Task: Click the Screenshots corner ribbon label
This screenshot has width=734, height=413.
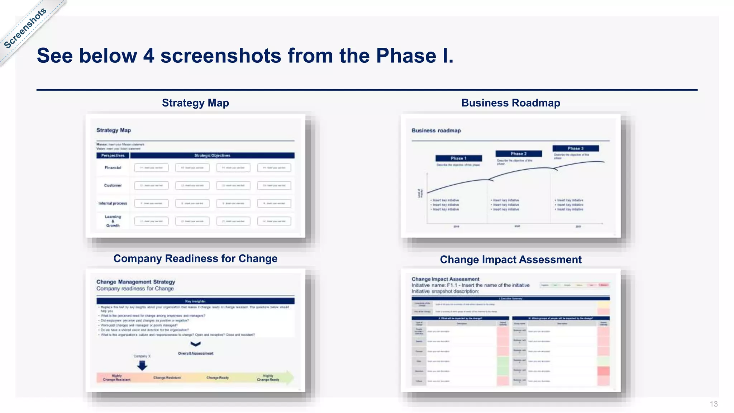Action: [x=25, y=28]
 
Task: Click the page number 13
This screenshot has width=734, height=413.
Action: [x=713, y=404]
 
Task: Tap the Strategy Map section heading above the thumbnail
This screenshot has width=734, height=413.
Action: [x=195, y=103]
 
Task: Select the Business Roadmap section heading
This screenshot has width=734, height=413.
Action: [x=510, y=103]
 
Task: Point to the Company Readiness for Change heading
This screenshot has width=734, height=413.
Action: [x=195, y=258]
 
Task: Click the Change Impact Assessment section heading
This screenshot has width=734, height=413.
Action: [x=510, y=260]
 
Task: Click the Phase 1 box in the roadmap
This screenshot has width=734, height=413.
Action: [x=458, y=158]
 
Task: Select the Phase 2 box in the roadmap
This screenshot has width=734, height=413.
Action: [x=518, y=153]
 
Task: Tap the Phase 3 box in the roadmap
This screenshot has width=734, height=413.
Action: [x=575, y=148]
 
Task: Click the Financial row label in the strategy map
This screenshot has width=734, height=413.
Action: [x=113, y=168]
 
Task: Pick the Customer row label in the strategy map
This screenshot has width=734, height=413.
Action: [x=113, y=185]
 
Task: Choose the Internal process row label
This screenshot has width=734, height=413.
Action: [x=113, y=203]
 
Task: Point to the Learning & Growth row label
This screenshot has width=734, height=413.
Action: [x=113, y=221]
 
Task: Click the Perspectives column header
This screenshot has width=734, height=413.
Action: [x=113, y=156]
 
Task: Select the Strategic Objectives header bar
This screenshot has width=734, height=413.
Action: [x=212, y=156]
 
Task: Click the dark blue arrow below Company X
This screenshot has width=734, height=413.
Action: [x=142, y=365]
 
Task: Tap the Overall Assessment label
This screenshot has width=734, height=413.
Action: [x=196, y=353]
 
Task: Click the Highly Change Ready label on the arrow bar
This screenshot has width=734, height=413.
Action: [x=268, y=378]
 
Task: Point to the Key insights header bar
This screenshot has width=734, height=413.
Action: [x=195, y=301]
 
